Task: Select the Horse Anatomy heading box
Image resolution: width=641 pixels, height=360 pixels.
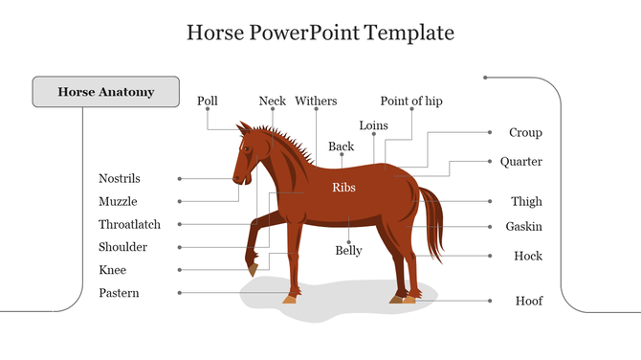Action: pos(106,92)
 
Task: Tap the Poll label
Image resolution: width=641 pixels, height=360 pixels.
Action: pos(208,101)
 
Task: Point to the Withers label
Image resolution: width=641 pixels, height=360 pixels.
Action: pos(316,101)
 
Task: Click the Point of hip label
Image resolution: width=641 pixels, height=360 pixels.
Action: pos(411,101)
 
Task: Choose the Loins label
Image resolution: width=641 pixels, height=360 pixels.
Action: pos(373,125)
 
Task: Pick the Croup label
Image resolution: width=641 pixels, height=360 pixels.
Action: pos(525,133)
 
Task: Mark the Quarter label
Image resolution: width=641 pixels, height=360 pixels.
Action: pos(520,162)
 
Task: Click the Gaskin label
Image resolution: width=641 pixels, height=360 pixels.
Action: pos(523,227)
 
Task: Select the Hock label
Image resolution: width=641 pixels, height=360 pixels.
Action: pos(528,256)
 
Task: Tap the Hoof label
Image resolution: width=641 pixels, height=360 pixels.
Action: pos(529,301)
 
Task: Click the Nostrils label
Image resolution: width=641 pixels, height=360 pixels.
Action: pos(120,178)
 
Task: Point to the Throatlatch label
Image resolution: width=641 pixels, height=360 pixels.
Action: pos(129,224)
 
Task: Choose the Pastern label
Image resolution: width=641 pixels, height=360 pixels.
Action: pos(119,293)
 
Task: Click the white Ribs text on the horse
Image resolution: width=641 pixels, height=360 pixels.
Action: pos(343,188)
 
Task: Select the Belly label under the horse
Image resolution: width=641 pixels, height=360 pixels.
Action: pos(348,251)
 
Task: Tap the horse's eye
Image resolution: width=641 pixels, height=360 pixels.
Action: pos(247,148)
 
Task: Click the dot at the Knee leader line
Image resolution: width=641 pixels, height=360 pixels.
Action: pos(179,270)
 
